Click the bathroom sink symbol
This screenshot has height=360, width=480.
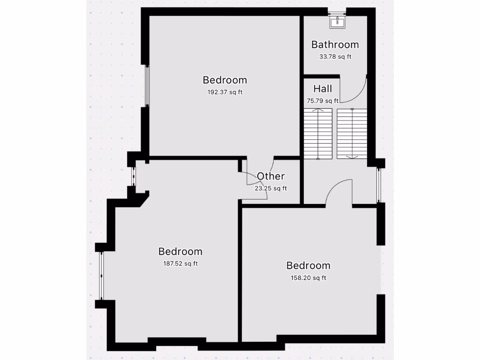(x=337, y=22)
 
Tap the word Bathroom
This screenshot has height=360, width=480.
(x=335, y=45)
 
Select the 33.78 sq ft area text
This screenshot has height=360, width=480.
(x=335, y=57)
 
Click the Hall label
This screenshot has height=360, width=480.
(x=322, y=89)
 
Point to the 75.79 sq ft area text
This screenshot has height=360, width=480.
(x=322, y=100)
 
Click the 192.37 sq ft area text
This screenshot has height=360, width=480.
(x=225, y=92)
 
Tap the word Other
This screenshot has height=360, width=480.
(x=270, y=176)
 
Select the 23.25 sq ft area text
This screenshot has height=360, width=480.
(x=270, y=188)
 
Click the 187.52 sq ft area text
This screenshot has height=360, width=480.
(x=180, y=263)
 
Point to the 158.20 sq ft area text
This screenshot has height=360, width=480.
(x=308, y=277)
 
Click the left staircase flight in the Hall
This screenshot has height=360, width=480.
(x=318, y=134)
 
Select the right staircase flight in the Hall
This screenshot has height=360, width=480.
(x=352, y=134)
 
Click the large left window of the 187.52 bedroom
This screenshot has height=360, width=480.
(x=101, y=276)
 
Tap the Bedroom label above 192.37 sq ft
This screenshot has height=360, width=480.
(x=225, y=80)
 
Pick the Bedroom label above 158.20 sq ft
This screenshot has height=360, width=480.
(x=308, y=265)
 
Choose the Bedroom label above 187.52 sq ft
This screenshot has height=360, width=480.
(x=180, y=252)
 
